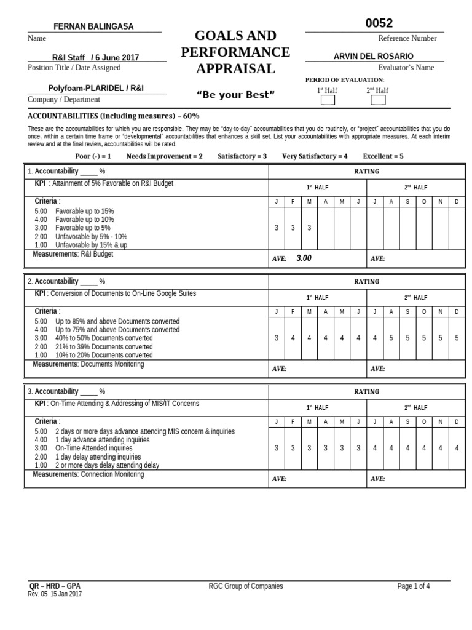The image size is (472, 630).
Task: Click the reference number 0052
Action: point(379,23)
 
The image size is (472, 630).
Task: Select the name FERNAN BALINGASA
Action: point(94,26)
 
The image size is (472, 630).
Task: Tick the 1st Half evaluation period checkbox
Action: point(328,100)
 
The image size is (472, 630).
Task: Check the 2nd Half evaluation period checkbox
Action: point(378,100)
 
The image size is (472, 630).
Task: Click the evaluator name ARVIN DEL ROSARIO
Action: point(373,56)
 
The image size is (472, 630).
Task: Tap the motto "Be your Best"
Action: point(235,94)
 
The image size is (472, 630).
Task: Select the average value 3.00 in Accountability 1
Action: point(304,258)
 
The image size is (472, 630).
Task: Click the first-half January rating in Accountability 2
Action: point(277,338)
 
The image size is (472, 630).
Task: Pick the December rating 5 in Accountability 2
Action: point(457,338)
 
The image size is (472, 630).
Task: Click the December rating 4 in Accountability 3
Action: point(457,448)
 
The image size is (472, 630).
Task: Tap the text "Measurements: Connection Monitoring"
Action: point(88,474)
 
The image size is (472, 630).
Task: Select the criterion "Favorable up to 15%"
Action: point(84,211)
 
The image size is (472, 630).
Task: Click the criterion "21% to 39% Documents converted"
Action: point(104,346)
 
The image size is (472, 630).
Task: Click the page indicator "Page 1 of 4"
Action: point(414,586)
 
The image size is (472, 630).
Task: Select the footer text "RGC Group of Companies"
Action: point(246,586)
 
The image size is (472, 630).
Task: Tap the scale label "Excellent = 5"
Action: point(383,156)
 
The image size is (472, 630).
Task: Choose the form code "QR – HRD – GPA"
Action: point(55,586)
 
